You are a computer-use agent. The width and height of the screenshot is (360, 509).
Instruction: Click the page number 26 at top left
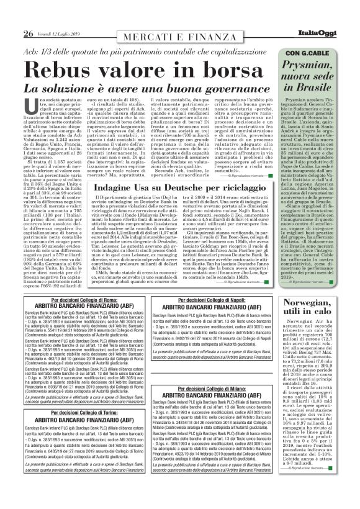tap(29, 32)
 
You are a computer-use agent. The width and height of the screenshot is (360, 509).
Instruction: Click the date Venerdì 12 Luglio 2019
tap(61, 34)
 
